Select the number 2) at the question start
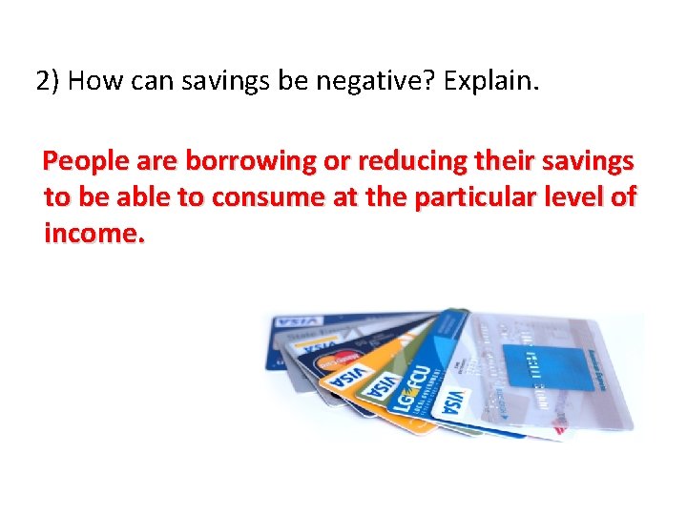tap(50, 81)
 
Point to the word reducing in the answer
tap(419, 161)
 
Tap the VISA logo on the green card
tap(383, 386)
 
